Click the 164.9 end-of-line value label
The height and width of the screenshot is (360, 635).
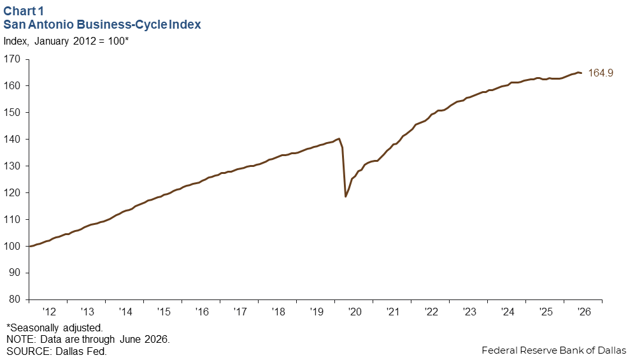601,73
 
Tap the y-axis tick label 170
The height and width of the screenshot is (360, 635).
11,59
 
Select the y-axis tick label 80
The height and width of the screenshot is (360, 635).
15,299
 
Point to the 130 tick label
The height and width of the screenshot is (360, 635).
11,166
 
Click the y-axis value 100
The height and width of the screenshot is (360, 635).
11,246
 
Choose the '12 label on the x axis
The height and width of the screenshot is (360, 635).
48,312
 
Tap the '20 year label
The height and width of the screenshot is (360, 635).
354,312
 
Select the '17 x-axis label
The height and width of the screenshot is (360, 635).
239,312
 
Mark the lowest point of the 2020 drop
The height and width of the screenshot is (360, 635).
345,197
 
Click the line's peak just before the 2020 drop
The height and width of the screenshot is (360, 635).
339,138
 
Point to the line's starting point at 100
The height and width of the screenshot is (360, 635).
31,246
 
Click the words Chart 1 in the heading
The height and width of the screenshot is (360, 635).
23,11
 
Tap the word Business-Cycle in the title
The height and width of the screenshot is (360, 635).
122,24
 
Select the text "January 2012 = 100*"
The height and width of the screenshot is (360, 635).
82,41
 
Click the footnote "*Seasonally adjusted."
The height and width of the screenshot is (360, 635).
55,328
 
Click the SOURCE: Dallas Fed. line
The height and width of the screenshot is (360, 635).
56,350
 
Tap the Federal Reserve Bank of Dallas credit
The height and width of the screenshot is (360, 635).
554,350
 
